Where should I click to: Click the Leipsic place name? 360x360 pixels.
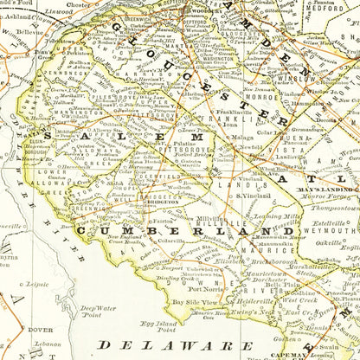coord(38,282)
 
